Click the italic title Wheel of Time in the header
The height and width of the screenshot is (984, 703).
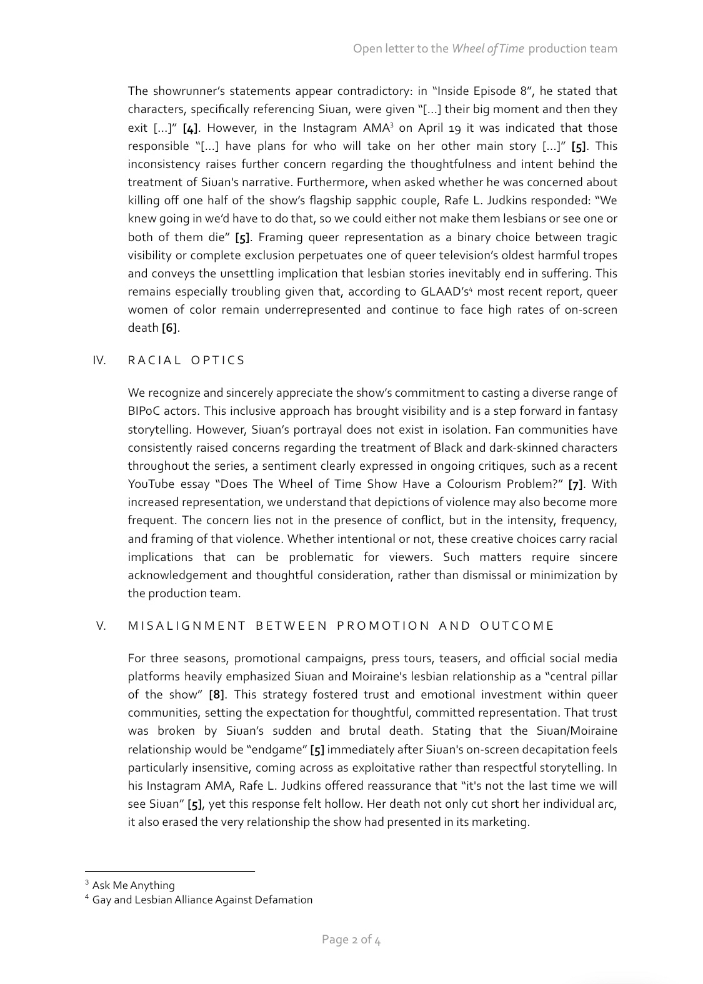point(487,49)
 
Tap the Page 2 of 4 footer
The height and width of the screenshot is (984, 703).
point(351,939)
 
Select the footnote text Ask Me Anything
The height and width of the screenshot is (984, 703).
point(133,885)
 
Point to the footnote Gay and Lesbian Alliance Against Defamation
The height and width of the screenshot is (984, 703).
point(202,900)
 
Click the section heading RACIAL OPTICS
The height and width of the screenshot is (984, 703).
point(186,360)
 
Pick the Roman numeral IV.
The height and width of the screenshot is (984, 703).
point(99,360)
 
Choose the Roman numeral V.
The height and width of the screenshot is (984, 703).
point(101,626)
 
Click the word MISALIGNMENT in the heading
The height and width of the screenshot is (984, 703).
point(187,626)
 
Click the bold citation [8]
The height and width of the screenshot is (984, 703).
point(216,695)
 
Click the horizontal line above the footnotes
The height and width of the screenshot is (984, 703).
point(169,871)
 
